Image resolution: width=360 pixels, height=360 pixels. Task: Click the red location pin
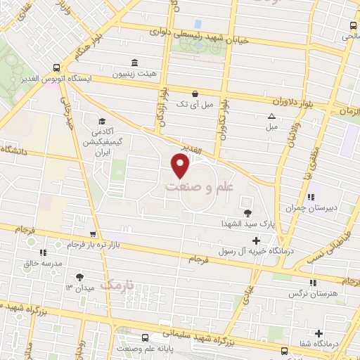[x=181, y=166]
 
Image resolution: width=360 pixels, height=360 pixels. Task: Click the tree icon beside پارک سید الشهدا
[x=247, y=213]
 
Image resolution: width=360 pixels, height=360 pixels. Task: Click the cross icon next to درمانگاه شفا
[x=319, y=333]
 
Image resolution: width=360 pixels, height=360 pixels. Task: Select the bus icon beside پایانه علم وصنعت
[x=146, y=337]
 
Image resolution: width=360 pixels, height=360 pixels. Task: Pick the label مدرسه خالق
[x=43, y=262]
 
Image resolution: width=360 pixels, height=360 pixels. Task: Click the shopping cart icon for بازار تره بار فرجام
[x=93, y=235]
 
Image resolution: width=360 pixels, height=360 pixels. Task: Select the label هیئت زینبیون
[x=136, y=74]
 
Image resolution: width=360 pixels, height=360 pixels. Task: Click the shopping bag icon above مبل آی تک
[x=195, y=93]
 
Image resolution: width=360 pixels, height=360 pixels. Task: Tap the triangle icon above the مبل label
[x=271, y=117]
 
